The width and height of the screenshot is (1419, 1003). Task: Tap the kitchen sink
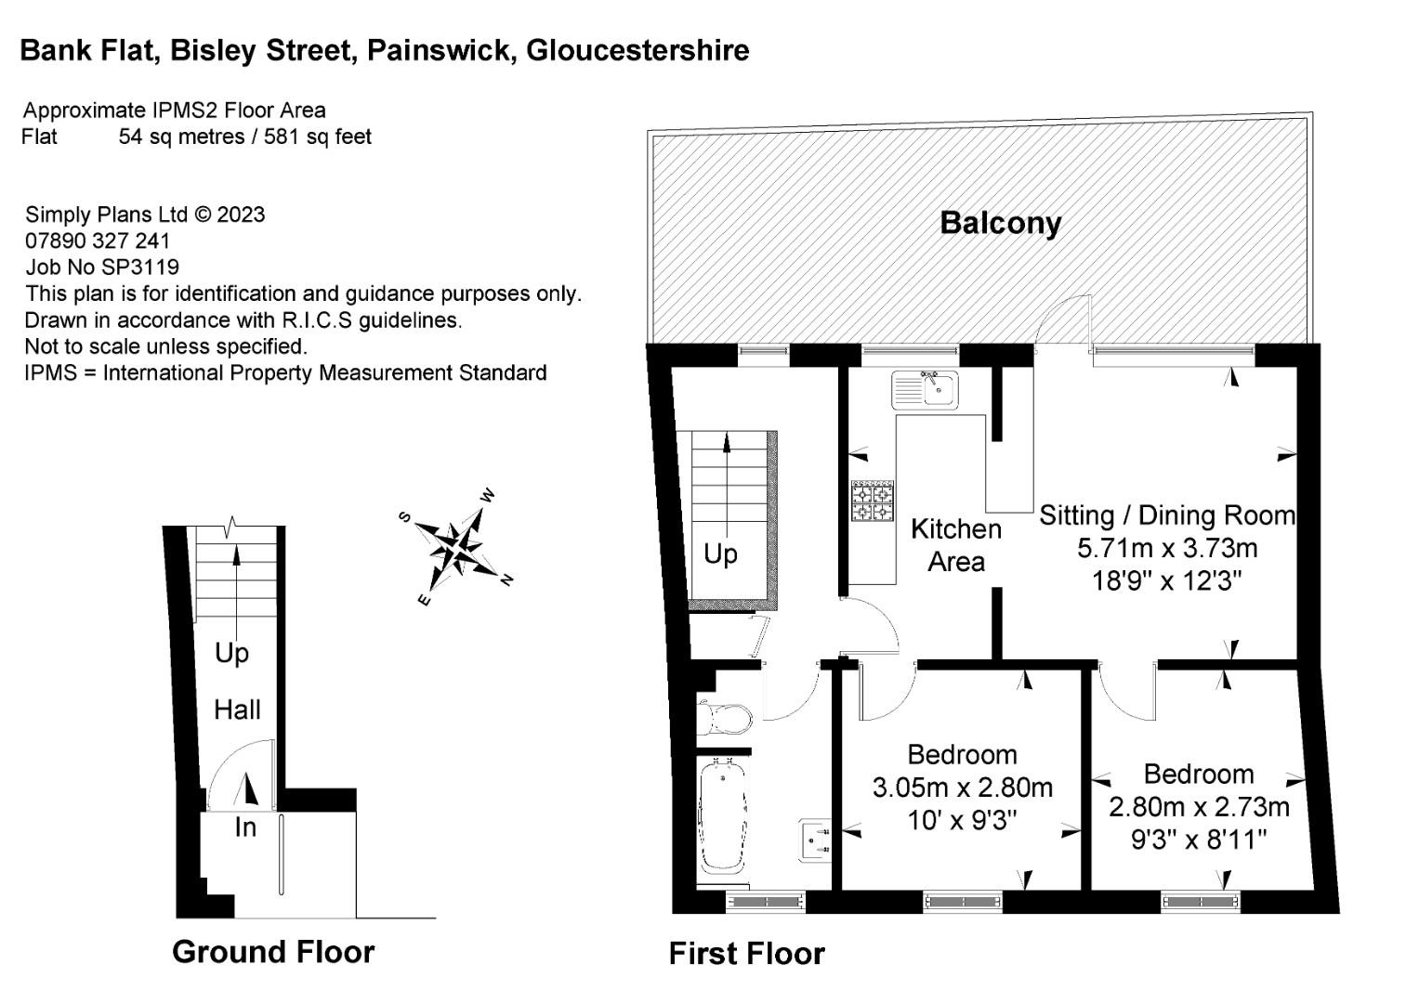925,389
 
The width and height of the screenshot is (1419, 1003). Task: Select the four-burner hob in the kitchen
873,501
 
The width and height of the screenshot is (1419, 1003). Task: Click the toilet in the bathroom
726,718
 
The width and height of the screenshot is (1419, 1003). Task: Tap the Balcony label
1000,223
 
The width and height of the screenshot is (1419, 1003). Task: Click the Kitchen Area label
956,545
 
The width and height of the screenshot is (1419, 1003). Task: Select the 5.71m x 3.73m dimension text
1167,548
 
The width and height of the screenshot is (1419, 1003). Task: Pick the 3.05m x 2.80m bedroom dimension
962,788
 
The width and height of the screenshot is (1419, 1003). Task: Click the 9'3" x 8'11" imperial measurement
1199,840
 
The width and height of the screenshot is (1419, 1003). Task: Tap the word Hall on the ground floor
237,710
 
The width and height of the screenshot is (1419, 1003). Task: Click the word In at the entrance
244,827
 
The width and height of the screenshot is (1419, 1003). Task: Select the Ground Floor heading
273,952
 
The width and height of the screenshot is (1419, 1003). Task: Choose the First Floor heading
746,954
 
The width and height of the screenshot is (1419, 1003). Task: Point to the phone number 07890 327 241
98,241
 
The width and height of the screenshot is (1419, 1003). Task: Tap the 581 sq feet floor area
318,137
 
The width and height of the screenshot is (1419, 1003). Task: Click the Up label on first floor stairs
720,554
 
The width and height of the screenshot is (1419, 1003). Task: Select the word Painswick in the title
440,50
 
